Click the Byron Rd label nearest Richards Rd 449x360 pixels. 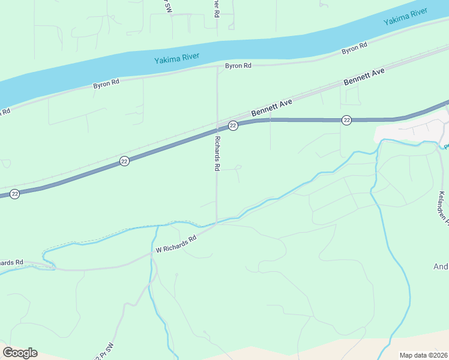point(238,66)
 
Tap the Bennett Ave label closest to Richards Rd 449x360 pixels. point(271,109)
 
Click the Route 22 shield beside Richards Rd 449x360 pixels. point(233,125)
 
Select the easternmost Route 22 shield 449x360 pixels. point(346,121)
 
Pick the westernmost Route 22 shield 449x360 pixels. point(15,193)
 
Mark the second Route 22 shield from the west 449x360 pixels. point(124,161)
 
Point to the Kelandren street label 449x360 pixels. point(443,208)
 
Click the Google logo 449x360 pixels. point(20,353)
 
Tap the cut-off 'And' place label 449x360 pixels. point(441,266)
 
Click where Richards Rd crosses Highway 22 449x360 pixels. point(217,129)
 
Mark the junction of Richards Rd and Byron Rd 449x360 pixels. point(217,68)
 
